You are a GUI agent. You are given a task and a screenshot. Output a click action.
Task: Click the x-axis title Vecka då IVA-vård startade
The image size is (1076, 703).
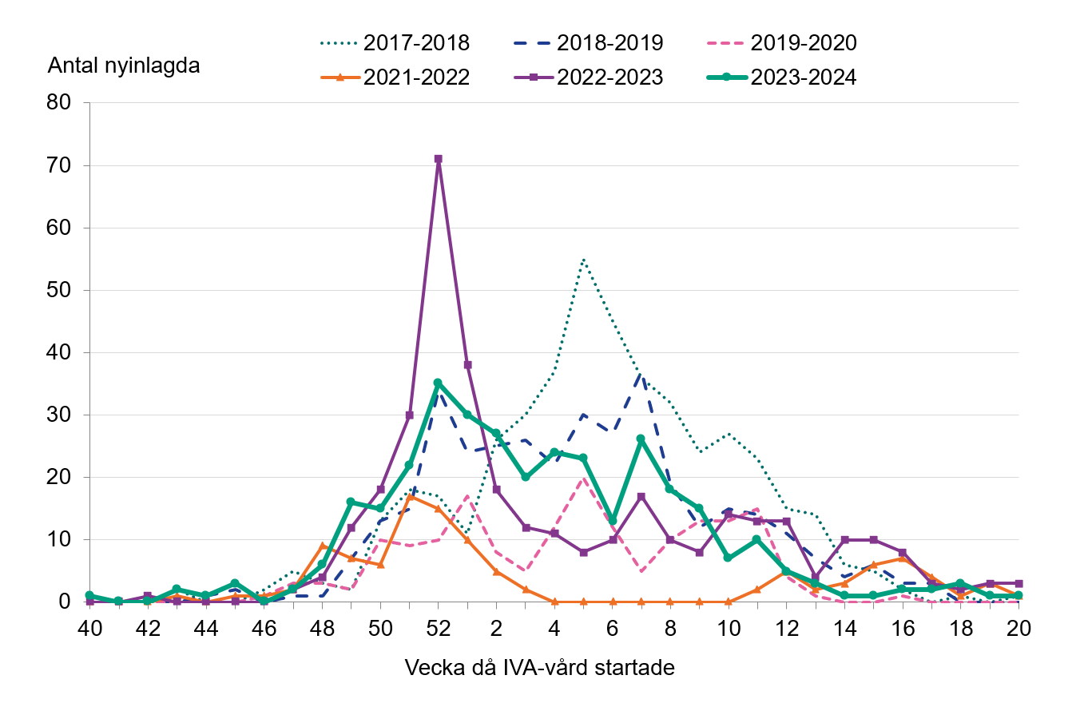tap(540, 668)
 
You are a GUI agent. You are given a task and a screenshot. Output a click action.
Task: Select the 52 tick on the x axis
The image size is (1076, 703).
tap(438, 629)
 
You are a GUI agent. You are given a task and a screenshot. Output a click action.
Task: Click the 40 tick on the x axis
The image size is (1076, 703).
tap(89, 629)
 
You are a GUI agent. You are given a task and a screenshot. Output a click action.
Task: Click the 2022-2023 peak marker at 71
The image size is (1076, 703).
tap(438, 159)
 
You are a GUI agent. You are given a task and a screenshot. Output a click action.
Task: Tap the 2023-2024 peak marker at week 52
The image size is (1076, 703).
tap(438, 383)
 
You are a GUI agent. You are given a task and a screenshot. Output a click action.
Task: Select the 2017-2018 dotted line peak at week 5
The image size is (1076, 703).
tap(583, 259)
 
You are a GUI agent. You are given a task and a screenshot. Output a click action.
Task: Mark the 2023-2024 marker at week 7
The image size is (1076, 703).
tap(641, 439)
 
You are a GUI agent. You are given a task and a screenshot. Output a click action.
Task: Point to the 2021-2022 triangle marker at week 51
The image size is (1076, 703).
tap(409, 496)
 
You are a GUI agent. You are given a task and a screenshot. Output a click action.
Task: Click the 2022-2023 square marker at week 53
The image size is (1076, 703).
tap(467, 365)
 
